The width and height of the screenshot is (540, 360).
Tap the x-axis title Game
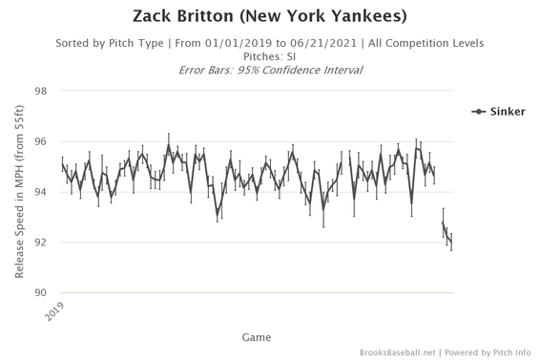point(255,336)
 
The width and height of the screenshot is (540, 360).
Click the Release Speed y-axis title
point(20,192)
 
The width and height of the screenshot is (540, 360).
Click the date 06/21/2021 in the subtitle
point(316,43)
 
